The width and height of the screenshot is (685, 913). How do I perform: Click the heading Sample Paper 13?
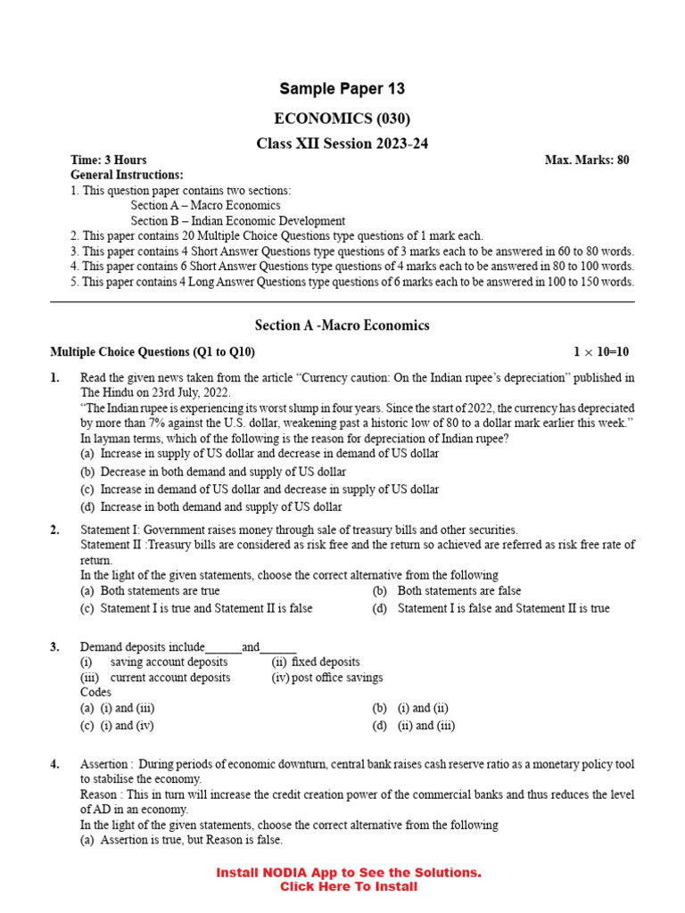point(342,88)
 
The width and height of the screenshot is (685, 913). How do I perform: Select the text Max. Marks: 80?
point(587,160)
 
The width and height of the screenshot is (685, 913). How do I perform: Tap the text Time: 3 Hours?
point(109,160)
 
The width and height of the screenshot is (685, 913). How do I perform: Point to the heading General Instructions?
point(127,176)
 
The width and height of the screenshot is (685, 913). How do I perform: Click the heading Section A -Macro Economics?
point(342,325)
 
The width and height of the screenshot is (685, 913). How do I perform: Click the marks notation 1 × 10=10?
point(601,353)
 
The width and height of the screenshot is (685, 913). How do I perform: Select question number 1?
point(55,378)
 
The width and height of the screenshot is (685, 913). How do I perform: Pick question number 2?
point(55,531)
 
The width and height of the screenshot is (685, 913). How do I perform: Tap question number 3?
point(55,647)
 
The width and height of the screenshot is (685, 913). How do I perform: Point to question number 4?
point(55,765)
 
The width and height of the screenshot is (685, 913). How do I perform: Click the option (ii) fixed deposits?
point(316,662)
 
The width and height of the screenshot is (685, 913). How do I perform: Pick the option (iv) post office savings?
point(326,678)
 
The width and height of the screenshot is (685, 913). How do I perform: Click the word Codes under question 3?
point(95,693)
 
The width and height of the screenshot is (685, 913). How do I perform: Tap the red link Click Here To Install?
point(348,887)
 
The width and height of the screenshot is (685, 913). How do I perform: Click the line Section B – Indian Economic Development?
point(238,221)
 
